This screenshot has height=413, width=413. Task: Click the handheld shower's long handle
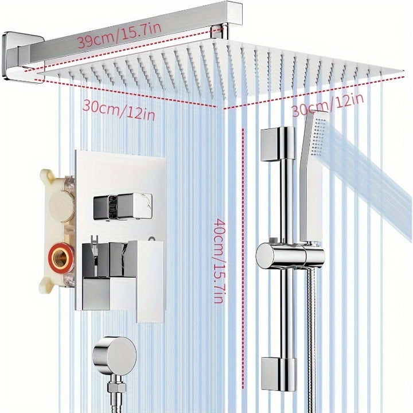[310, 184]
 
